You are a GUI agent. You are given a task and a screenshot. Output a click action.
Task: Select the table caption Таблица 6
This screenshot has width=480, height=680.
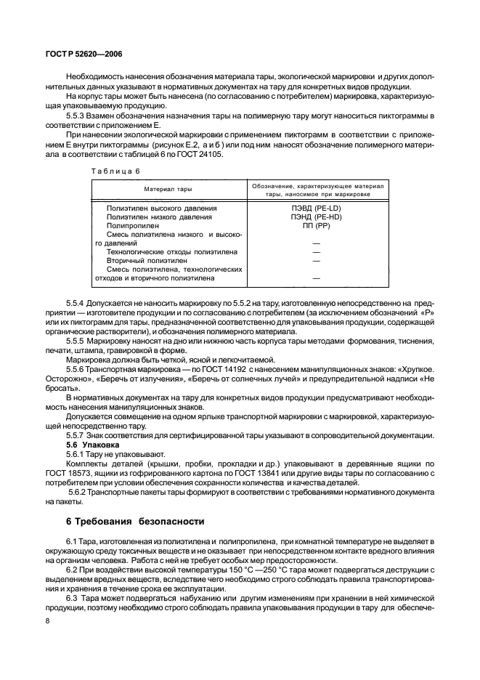click(x=114, y=171)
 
